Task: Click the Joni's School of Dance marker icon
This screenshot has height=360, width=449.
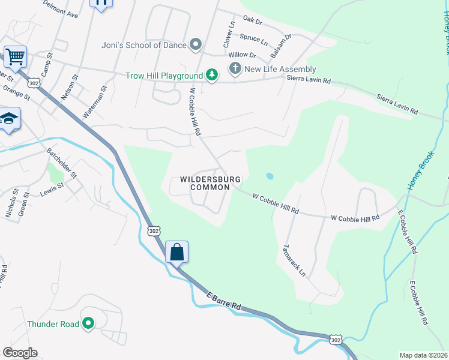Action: coord(195,44)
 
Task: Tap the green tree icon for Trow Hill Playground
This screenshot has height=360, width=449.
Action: coord(211,75)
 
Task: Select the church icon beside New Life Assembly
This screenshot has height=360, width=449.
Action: coord(235,69)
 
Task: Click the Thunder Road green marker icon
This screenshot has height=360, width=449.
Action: coord(88,324)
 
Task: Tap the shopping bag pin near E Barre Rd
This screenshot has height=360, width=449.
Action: coord(177,252)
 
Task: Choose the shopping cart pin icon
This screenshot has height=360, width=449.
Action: coord(16,57)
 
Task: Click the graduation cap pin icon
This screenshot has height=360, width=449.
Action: coord(9,119)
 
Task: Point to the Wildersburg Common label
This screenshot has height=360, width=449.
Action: coord(211,184)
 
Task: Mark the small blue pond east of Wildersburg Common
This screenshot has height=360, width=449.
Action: coord(270,176)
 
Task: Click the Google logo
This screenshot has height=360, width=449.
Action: coord(20,353)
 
